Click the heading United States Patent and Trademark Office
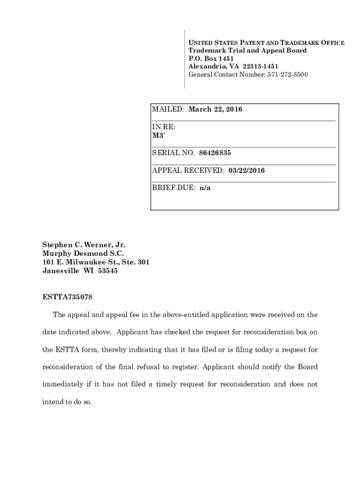pos(266,43)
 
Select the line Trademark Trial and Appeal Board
pos(247,51)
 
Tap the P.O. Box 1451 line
pos(211,58)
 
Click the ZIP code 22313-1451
pos(260,66)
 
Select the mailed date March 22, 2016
pos(215,109)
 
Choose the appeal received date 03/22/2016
pos(247,171)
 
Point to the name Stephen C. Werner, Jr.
pos(84,245)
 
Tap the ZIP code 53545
pos(108,271)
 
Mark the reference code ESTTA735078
pos(70,297)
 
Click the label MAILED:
pos(168,109)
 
